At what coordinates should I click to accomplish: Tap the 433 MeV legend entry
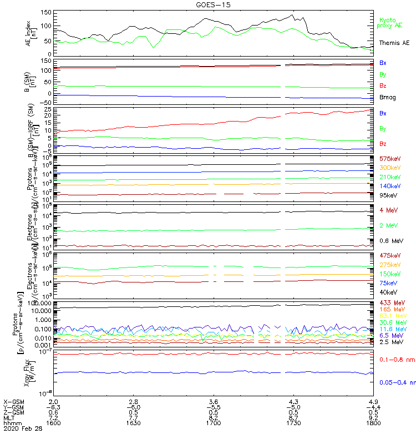pyautogui.click(x=392, y=302)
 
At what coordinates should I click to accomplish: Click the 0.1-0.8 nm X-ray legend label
pyautogui.click(x=394, y=360)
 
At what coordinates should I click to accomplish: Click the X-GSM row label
pyautogui.click(x=13, y=401)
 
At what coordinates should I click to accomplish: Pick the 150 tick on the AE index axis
pyautogui.click(x=46, y=12)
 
